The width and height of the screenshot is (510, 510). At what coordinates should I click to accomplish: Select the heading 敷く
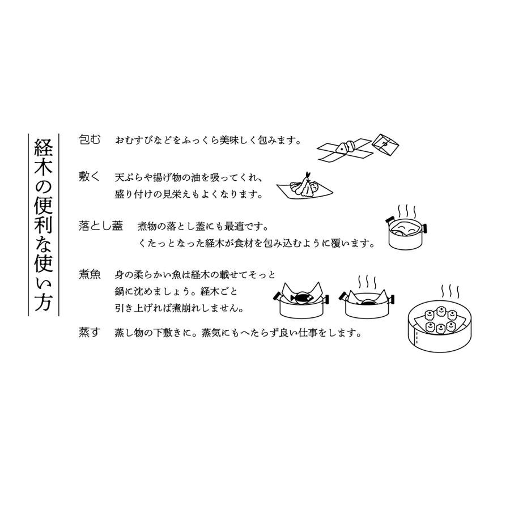pyautogui.click(x=90, y=177)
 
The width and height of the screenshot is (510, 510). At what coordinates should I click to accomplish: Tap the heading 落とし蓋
pyautogui.click(x=101, y=226)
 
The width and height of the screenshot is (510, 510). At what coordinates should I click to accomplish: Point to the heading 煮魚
pyautogui.click(x=90, y=275)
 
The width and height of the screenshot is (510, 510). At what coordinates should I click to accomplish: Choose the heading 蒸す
pyautogui.click(x=90, y=333)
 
